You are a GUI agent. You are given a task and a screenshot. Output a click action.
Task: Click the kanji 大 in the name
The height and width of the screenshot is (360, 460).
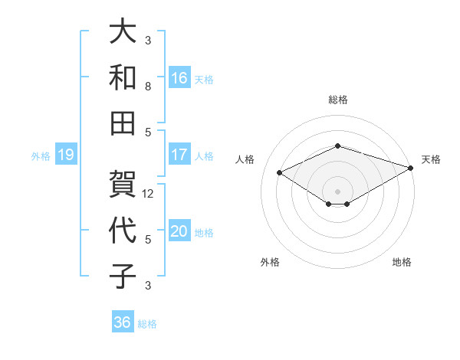[x=123, y=32]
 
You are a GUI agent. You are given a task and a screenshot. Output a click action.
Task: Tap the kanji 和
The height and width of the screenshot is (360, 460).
[x=123, y=77]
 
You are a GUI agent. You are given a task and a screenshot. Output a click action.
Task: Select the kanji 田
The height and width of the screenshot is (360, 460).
[x=123, y=123]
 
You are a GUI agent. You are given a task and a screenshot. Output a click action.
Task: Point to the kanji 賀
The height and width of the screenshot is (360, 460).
[x=123, y=185]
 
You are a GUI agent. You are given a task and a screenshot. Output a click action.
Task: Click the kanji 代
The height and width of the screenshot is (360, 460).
[x=123, y=231]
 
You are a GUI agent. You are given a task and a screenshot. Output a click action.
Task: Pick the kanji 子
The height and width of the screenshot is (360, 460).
[x=123, y=276]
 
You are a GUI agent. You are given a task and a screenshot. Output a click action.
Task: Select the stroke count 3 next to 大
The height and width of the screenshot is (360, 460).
[x=148, y=41]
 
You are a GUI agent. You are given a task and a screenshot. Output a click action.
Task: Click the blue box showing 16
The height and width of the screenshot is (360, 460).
[x=179, y=77]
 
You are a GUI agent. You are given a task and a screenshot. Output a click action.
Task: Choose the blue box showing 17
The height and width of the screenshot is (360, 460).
[x=179, y=154]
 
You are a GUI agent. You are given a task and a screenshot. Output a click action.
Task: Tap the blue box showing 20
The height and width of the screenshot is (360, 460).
[x=179, y=231]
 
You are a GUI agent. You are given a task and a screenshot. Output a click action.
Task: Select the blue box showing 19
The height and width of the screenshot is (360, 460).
[x=65, y=155]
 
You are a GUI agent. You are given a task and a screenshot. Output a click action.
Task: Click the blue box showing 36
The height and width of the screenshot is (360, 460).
[x=123, y=322]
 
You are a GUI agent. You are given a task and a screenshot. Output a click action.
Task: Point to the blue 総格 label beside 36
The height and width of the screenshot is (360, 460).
[x=147, y=324]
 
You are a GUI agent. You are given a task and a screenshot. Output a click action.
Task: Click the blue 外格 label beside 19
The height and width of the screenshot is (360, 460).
[x=41, y=156]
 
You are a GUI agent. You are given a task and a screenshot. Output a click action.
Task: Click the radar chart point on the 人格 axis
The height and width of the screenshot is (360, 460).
[x=279, y=172]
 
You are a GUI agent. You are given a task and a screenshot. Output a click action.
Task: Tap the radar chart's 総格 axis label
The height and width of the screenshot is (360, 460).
[x=337, y=100]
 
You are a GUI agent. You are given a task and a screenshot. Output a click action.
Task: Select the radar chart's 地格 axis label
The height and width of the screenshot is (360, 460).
[x=402, y=262]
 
